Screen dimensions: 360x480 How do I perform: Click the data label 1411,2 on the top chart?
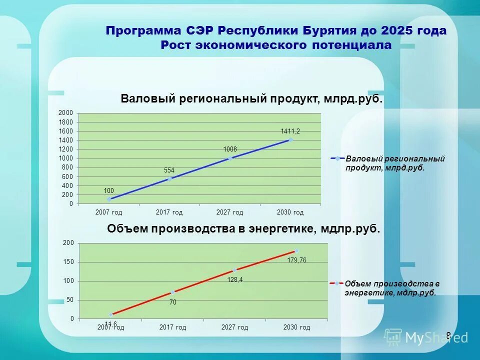[x=290, y=131]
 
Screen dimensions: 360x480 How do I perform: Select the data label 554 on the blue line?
[x=169, y=170]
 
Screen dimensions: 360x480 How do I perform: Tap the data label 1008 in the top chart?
[x=230, y=149]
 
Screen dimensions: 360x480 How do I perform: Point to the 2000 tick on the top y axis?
[x=67, y=112]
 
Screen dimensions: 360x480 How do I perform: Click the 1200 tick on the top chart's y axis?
[x=67, y=149]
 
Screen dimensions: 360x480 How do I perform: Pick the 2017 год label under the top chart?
[x=169, y=212]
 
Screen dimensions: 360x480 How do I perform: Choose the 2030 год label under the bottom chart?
[x=296, y=327]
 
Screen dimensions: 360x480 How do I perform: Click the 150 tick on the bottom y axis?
[x=68, y=262]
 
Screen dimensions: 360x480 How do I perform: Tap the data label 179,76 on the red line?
[x=297, y=260]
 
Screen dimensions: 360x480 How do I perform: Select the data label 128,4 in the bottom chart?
[x=235, y=280]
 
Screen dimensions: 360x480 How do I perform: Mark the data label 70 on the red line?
[x=172, y=302]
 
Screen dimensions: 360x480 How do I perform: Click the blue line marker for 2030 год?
[x=290, y=140]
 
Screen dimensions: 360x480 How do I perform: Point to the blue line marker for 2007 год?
[x=109, y=199]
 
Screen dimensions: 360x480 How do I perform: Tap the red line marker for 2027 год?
[x=234, y=270]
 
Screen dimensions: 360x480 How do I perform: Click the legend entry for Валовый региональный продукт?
[x=388, y=163]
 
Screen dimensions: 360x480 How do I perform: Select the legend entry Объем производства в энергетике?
[x=388, y=288]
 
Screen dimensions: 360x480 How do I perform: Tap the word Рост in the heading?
[x=175, y=45]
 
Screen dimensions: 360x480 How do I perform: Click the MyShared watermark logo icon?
[x=393, y=337]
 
